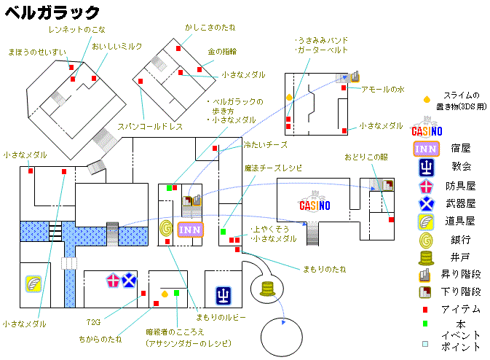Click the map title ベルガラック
click(x=52, y=13)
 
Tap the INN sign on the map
click(x=190, y=230)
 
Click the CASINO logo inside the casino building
click(x=315, y=203)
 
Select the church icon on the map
click(x=223, y=296)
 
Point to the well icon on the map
click(x=267, y=289)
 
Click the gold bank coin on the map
click(x=166, y=229)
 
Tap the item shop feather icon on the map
click(x=33, y=283)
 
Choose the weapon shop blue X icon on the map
click(x=129, y=280)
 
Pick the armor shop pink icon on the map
click(x=113, y=281)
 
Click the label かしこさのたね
click(x=210, y=28)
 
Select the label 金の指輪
click(x=222, y=52)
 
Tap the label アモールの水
click(x=383, y=90)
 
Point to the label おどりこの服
click(x=366, y=157)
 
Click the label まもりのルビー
click(x=221, y=318)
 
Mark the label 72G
click(x=93, y=322)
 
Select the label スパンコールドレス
click(x=150, y=127)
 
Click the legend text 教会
click(x=461, y=166)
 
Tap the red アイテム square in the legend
click(x=425, y=310)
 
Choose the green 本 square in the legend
click(x=425, y=324)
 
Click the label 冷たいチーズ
click(x=265, y=145)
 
